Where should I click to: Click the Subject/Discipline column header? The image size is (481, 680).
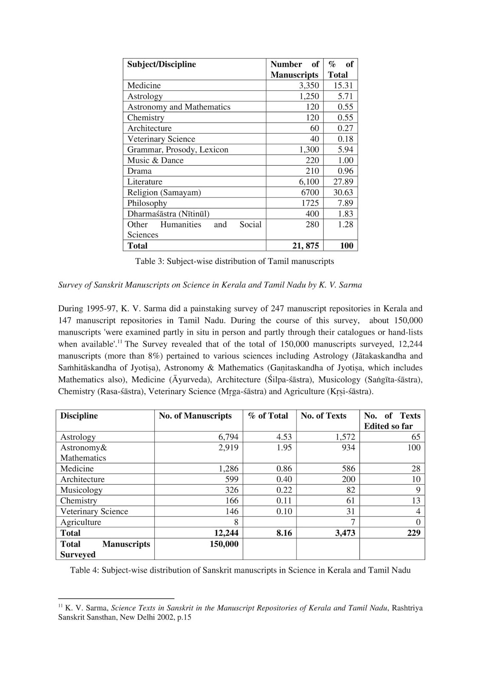coord(162,64)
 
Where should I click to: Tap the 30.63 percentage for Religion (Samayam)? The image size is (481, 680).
coord(343,192)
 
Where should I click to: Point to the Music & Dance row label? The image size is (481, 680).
coord(155,160)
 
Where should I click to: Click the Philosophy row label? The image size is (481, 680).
coord(147,203)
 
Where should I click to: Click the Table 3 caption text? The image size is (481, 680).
coord(234,261)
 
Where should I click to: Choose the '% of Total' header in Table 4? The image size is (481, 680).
coord(268,416)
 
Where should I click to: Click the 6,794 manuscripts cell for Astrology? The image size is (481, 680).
coord(228,437)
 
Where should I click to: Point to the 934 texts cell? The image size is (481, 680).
coord(348,448)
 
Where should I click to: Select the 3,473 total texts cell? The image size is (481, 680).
coord(345,533)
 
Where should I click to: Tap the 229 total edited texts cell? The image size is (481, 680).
coord(413,533)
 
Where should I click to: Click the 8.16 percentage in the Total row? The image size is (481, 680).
coord(284,533)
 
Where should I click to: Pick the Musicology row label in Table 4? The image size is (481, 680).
coord(81,490)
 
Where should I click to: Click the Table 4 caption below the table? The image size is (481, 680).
coord(240,570)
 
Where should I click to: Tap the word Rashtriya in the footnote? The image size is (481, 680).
coord(407,608)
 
